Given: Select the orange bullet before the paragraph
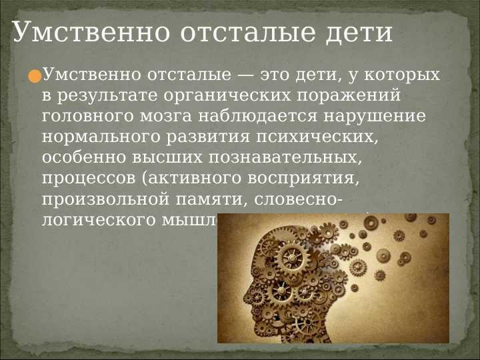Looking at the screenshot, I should [35, 77].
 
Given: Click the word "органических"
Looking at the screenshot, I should [210, 95].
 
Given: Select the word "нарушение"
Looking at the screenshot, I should [375, 117].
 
